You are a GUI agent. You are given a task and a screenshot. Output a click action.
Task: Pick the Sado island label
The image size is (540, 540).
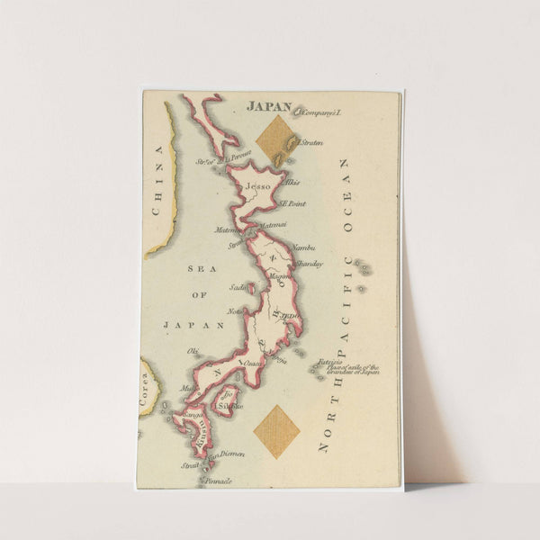238,288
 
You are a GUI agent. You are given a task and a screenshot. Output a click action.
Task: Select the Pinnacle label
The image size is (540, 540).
219,481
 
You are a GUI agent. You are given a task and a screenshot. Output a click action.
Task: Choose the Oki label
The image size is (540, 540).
192,350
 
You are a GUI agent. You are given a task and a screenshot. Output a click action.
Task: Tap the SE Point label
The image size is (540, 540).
292,204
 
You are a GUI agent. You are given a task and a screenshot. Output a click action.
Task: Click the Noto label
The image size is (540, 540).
235,311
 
